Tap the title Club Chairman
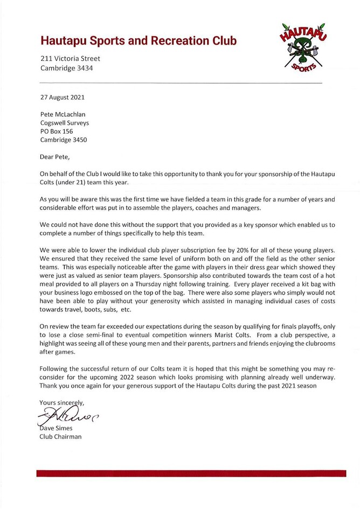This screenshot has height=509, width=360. (x=61, y=437)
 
